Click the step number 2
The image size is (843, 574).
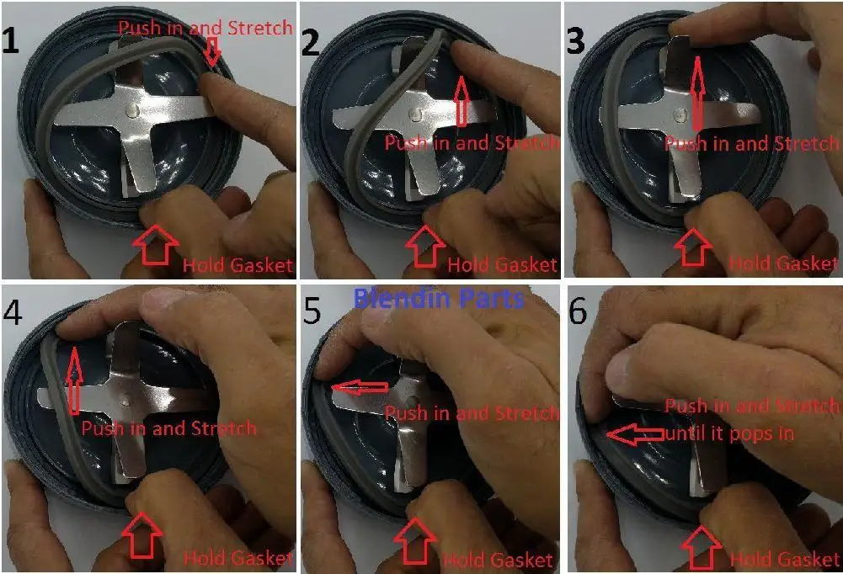click(x=311, y=42)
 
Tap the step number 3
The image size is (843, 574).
click(x=576, y=40)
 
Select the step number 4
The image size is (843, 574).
click(x=13, y=312)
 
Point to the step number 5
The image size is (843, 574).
click(x=312, y=311)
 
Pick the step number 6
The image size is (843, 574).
click(x=578, y=311)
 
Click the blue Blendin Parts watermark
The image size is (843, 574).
click(x=439, y=298)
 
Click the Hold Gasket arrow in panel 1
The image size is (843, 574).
click(x=155, y=245)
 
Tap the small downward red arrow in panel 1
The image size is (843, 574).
click(x=213, y=51)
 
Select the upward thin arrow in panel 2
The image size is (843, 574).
click(x=461, y=101)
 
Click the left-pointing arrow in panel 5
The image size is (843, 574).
click(x=360, y=387)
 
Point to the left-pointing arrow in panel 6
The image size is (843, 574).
click(x=636, y=434)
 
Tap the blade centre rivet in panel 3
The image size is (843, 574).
click(x=681, y=114)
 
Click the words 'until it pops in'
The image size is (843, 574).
click(x=729, y=433)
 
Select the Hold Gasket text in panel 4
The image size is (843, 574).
click(x=237, y=558)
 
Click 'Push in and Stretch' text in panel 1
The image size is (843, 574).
click(x=205, y=28)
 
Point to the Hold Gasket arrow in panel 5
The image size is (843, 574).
click(x=415, y=540)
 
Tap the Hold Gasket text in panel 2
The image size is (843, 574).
click(x=502, y=264)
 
